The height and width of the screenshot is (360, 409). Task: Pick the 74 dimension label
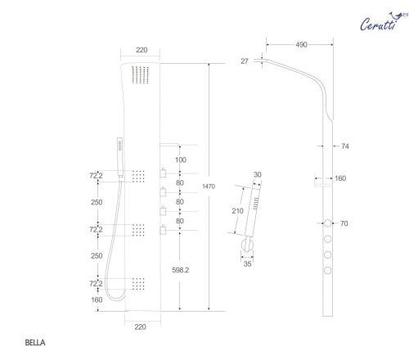[x=345, y=146]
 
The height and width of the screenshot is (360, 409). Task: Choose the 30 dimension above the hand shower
[x=256, y=174]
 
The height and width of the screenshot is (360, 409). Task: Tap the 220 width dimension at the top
[x=142, y=50]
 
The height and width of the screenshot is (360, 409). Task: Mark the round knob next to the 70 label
[x=328, y=223]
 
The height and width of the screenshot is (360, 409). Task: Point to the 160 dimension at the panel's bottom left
[x=98, y=299]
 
